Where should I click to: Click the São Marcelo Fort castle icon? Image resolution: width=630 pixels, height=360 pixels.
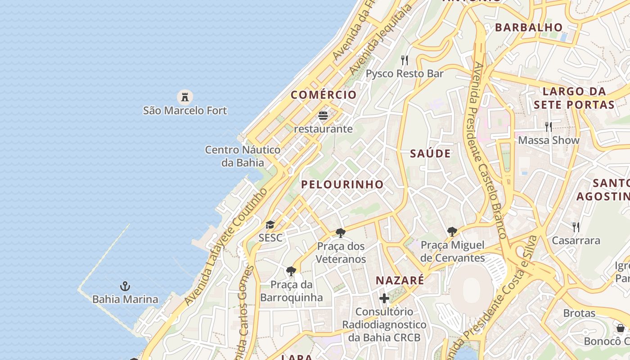pyautogui.click(x=184, y=96)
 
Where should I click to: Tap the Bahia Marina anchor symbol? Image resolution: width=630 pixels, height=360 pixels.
pyautogui.click(x=125, y=286)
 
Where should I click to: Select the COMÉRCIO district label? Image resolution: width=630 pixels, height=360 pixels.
pyautogui.click(x=324, y=95)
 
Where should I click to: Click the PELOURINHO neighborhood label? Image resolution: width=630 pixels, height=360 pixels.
pyautogui.click(x=342, y=184)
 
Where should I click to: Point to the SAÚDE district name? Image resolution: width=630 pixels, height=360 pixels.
pyautogui.click(x=430, y=153)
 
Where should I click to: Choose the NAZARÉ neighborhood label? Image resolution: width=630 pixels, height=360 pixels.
pyautogui.click(x=400, y=280)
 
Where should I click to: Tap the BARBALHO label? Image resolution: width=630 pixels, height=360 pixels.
pyautogui.click(x=529, y=27)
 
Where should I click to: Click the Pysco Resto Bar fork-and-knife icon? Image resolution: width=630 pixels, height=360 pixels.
pyautogui.click(x=405, y=60)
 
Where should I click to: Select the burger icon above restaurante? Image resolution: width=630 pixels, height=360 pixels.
pyautogui.click(x=323, y=116)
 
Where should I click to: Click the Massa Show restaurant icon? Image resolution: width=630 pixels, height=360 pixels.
pyautogui.click(x=549, y=127)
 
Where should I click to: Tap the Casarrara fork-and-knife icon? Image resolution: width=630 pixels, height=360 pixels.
pyautogui.click(x=576, y=227)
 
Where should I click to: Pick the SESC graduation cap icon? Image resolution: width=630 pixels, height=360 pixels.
pyautogui.click(x=270, y=225)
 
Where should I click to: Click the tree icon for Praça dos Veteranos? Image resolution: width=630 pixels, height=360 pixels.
pyautogui.click(x=341, y=233)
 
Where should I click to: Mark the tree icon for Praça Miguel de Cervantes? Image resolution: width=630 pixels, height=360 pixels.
pyautogui.click(x=452, y=232)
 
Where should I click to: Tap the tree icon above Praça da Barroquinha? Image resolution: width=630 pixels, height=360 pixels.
pyautogui.click(x=291, y=271)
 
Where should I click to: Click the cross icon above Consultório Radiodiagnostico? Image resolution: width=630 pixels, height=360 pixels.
pyautogui.click(x=384, y=298)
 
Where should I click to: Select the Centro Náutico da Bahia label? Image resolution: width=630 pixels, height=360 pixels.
pyautogui.click(x=243, y=156)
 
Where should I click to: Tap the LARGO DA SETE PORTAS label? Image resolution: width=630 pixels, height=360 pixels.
pyautogui.click(x=574, y=98)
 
